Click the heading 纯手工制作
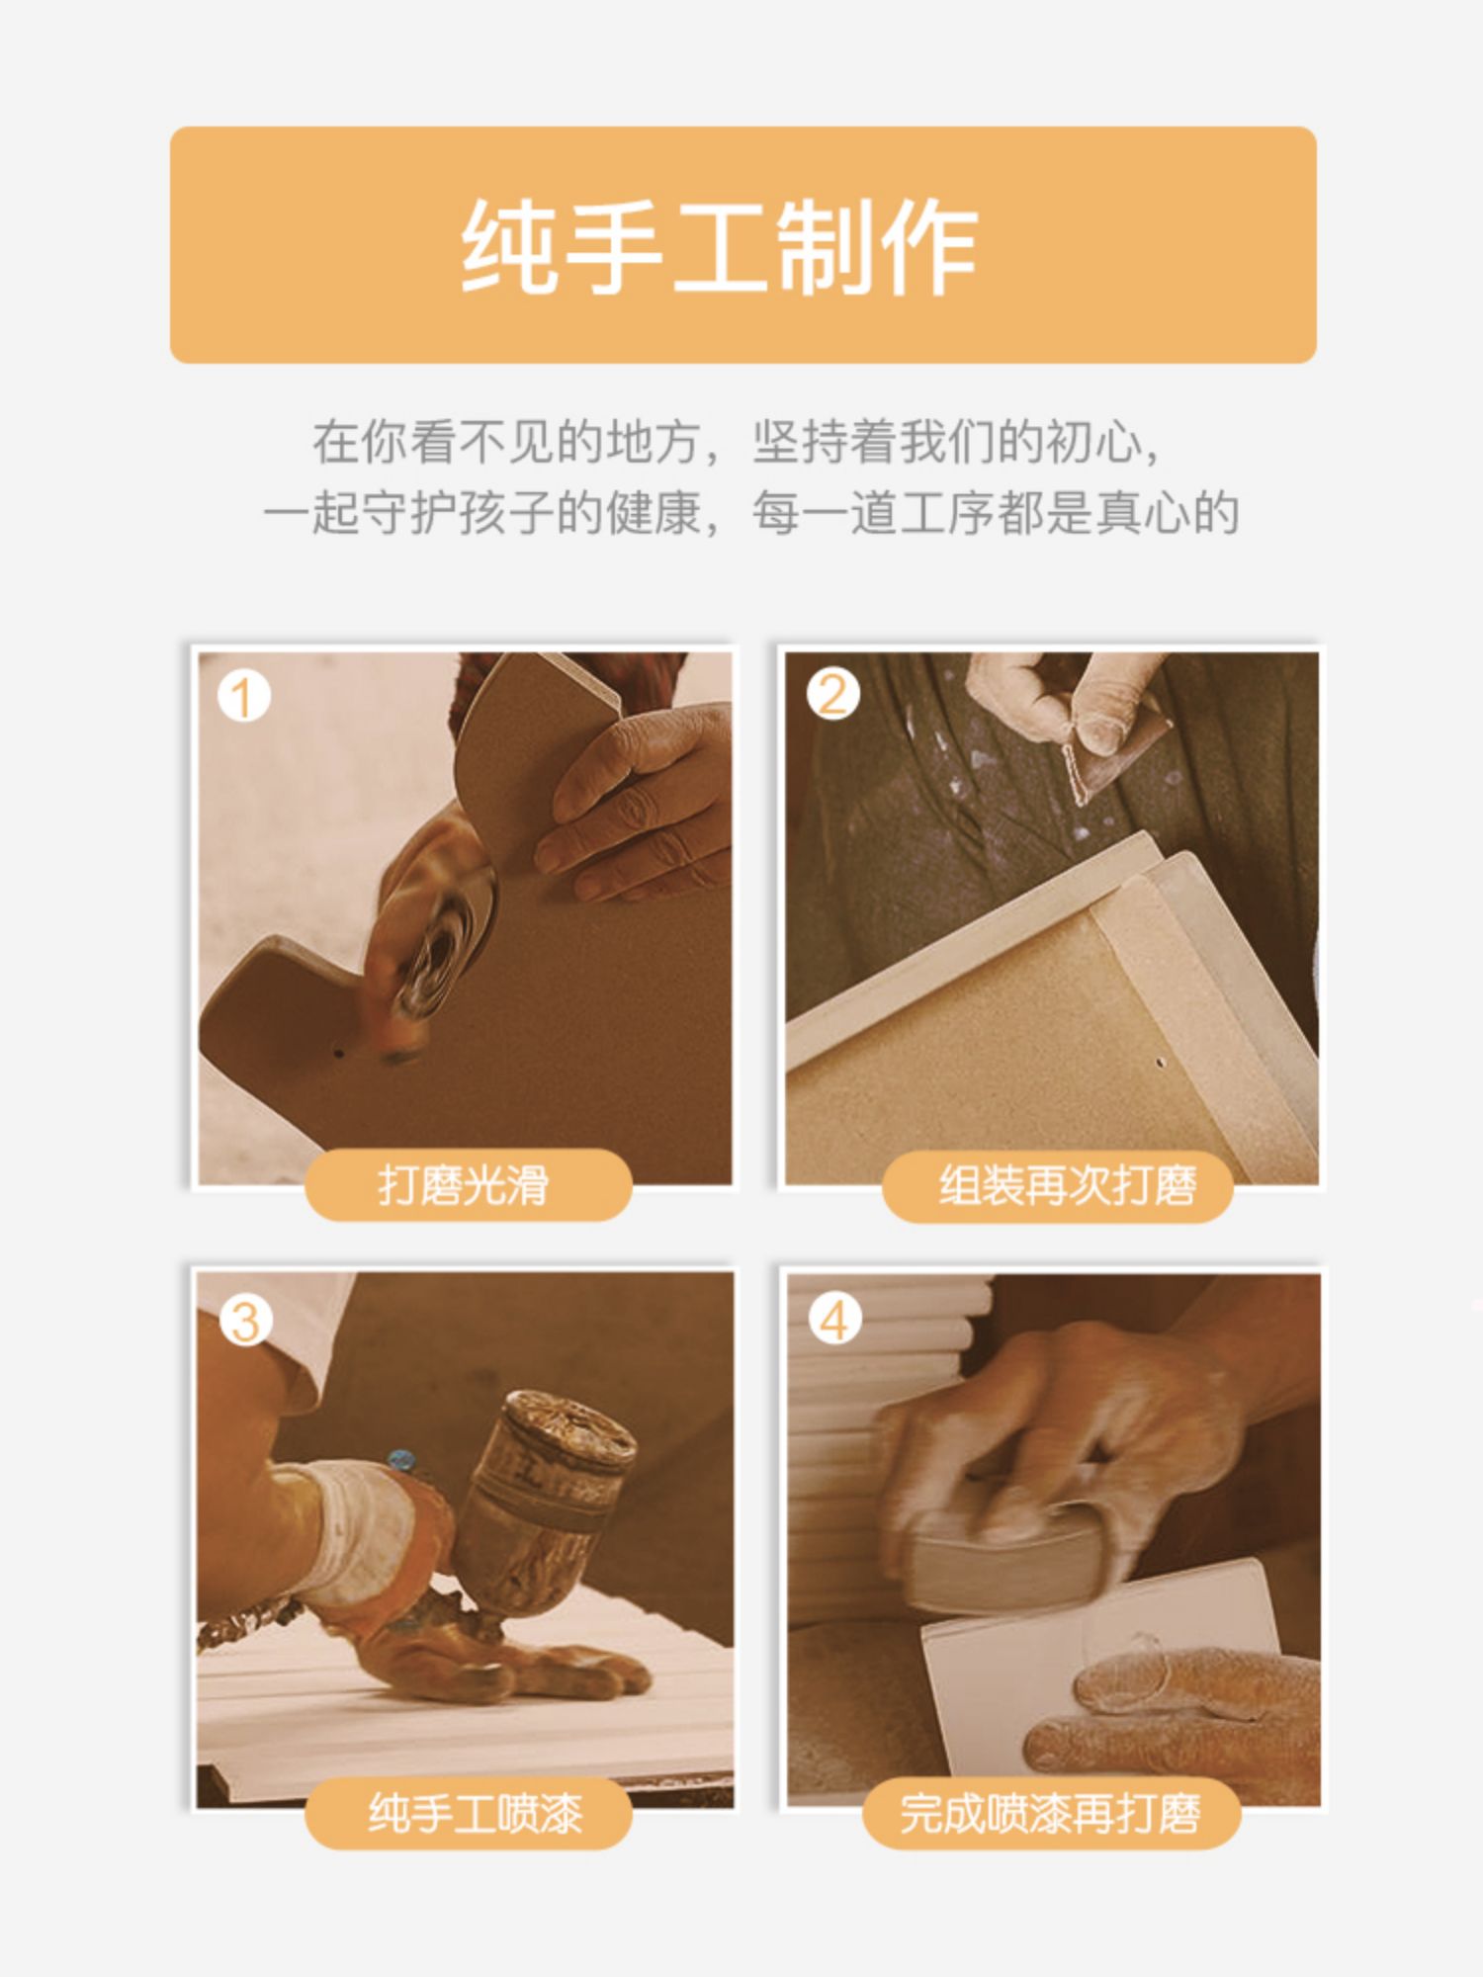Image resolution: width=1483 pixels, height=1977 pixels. point(720,245)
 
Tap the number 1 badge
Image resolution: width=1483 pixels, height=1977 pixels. point(242,697)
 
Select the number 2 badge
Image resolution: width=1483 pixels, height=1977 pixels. point(832,695)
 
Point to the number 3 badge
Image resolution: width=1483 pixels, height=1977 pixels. point(244,1321)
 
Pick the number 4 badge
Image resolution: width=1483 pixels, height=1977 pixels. point(834,1321)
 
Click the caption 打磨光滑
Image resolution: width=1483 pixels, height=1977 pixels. point(464,1185)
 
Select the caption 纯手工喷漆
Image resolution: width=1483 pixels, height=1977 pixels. point(476,1814)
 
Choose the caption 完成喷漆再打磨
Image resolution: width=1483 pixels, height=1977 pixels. point(1050,1814)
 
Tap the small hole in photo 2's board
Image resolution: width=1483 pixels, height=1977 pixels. point(1160,1064)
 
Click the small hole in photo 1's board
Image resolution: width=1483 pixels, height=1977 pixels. point(339,1054)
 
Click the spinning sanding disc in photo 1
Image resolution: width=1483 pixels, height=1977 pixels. point(440,949)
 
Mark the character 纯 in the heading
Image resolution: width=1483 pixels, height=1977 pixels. point(511,245)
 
